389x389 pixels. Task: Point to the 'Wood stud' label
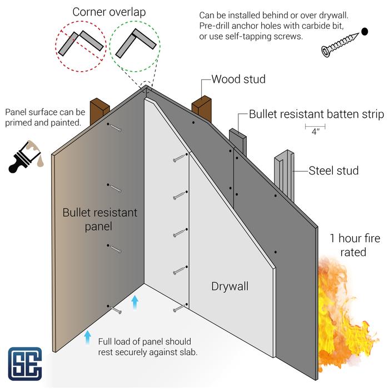coord(238,79)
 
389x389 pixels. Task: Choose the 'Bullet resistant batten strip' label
coord(316,115)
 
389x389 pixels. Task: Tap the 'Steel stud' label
coord(334,171)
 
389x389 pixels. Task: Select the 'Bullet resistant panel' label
coord(99,219)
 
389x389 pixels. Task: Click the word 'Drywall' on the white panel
coord(230,287)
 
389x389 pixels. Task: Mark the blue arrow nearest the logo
coord(87,336)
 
